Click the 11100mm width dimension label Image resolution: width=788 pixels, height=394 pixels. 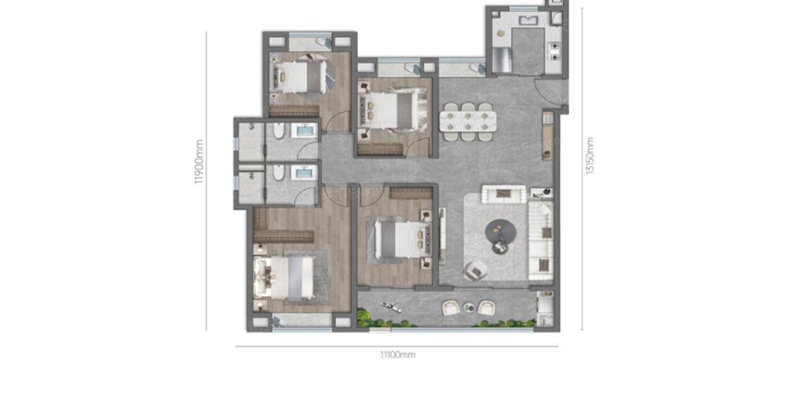(397, 355)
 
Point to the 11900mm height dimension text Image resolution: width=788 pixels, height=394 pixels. (200, 161)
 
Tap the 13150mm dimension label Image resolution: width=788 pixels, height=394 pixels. (590, 155)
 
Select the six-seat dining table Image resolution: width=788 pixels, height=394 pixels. (468, 122)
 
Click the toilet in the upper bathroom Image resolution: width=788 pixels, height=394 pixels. (279, 131)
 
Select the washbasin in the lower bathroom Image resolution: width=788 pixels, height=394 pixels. (305, 173)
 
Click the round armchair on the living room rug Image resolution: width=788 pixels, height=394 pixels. (475, 271)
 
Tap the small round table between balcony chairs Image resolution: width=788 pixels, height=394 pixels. (469, 307)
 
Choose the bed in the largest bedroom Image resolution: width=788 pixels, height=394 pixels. (286, 278)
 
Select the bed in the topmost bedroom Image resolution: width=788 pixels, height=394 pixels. (300, 77)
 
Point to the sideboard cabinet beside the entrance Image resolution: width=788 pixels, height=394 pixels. (548, 135)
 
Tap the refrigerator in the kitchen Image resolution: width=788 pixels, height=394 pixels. (502, 61)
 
